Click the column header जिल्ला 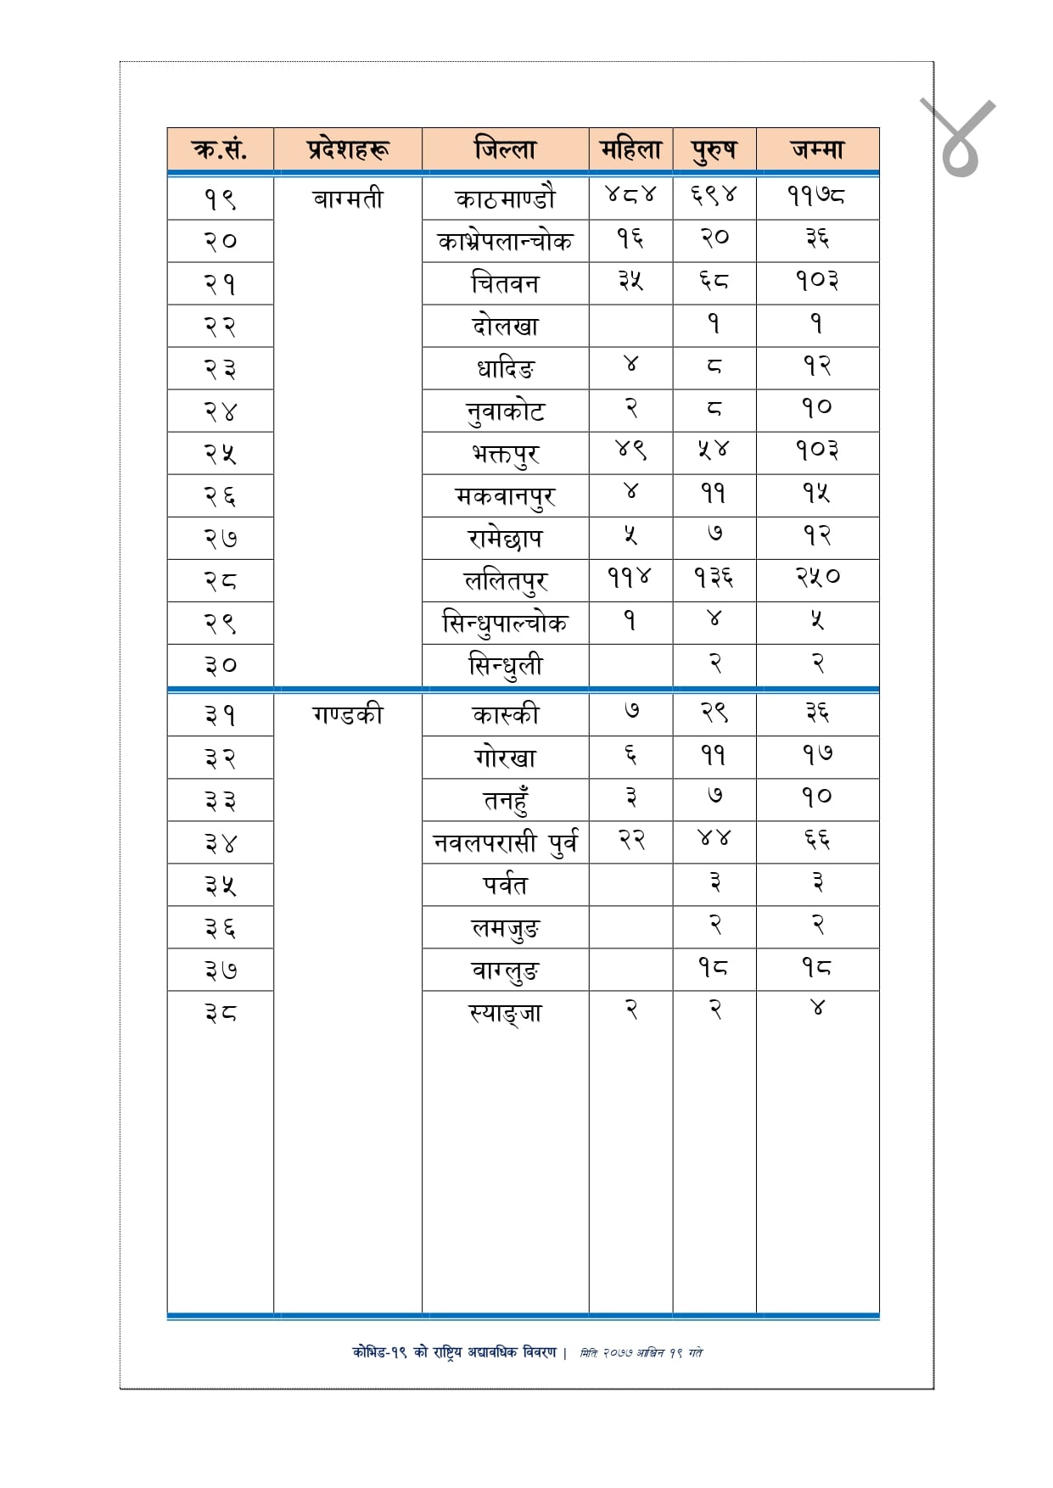coord(505,150)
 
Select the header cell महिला coord(630,150)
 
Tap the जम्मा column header coord(817,150)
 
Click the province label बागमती coord(348,199)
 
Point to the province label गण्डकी coord(348,714)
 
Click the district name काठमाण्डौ coord(505,199)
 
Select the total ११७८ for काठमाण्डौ coord(816,197)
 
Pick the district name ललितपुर coord(505,581)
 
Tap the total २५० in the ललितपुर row coord(817,578)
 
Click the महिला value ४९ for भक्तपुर coord(630,450)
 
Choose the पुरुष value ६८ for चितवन coord(714,281)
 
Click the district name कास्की coord(505,714)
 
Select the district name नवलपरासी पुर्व coord(505,842)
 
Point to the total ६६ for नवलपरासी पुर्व coord(817,840)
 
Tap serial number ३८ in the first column coord(221,1012)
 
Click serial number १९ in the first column coord(221,199)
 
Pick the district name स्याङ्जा coord(505,1012)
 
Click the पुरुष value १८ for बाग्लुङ coord(714,967)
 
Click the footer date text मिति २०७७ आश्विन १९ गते coord(641,1353)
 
